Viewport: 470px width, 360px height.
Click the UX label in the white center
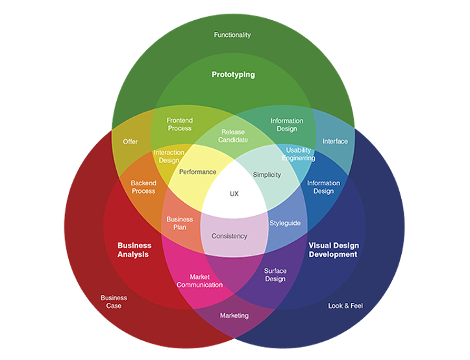234,194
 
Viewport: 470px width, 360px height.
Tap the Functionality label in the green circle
232,35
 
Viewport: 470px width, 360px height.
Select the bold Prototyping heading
233,75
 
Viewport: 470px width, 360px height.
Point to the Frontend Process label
180,124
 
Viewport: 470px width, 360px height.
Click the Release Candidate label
233,136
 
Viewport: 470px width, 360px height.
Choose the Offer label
130,142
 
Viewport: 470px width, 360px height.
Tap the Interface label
335,141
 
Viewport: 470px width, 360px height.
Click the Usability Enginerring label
299,154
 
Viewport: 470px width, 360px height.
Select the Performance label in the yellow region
198,172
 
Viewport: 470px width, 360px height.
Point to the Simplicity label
267,175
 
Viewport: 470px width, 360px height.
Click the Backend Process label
143,187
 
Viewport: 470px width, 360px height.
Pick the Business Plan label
180,223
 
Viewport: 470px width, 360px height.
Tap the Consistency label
230,236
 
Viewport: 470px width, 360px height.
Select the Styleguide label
285,223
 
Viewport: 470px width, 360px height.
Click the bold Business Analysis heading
134,250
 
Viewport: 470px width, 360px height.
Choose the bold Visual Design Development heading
334,250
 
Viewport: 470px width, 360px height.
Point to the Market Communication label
200,281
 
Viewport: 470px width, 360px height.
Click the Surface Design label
275,275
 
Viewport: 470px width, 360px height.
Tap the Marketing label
234,316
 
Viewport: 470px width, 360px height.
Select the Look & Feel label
345,305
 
